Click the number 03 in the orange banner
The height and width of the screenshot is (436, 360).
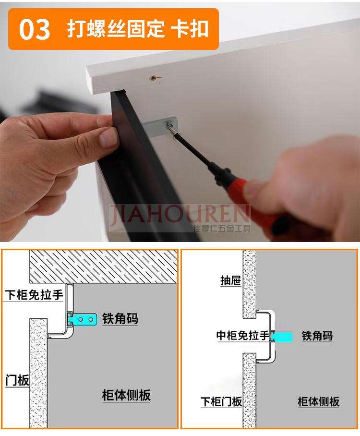[x=35, y=30]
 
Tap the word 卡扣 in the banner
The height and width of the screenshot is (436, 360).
[x=190, y=29]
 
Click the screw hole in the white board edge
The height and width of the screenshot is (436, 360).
[x=154, y=77]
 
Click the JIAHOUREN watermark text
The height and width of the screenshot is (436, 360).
[x=180, y=216]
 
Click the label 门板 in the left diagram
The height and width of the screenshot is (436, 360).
[x=17, y=380]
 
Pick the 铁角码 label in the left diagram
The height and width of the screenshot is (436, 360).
[x=120, y=319]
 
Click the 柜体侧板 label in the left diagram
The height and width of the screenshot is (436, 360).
[x=126, y=395]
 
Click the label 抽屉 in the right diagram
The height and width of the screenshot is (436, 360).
[x=230, y=281]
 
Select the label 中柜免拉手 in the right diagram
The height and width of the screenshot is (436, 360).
[x=243, y=336]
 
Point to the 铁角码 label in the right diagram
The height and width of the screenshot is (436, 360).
[x=317, y=336]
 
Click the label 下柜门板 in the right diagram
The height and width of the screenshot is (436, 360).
[x=221, y=401]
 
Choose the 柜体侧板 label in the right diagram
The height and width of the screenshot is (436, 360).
[x=318, y=401]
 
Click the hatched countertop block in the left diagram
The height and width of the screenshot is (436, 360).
[x=103, y=267]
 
